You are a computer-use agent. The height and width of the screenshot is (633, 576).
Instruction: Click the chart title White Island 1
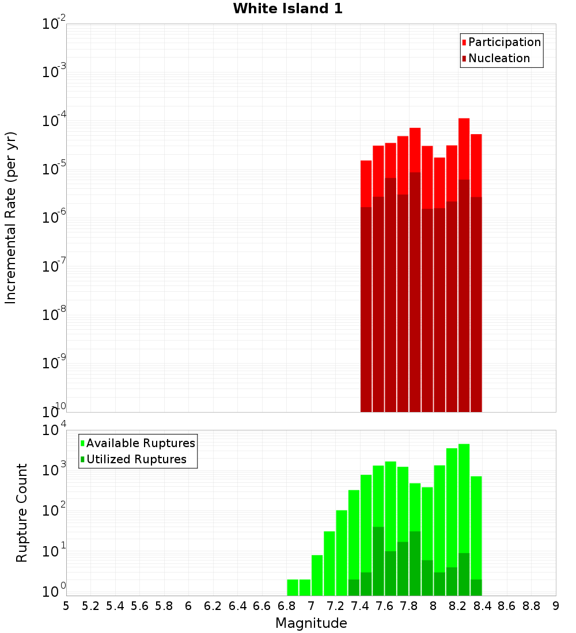tap(287, 9)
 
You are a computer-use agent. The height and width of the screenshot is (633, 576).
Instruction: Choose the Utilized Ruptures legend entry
tap(136, 459)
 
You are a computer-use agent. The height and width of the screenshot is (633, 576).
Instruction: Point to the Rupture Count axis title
tap(22, 513)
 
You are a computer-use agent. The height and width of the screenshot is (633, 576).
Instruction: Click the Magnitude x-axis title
tap(311, 623)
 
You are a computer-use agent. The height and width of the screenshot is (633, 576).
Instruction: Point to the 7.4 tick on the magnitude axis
tap(360, 606)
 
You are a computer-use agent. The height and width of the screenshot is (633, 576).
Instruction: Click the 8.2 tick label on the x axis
tap(458, 606)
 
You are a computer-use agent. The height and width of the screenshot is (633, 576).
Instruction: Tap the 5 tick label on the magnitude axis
tap(66, 606)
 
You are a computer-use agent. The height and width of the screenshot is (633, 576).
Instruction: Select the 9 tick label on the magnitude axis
tap(556, 606)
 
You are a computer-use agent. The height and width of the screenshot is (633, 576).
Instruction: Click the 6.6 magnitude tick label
tap(262, 606)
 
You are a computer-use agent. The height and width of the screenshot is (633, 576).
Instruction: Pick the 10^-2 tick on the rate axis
tap(54, 24)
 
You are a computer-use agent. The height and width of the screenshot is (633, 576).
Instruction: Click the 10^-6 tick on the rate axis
tap(54, 218)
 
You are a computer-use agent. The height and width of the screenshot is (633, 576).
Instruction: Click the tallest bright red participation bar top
tap(464, 120)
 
